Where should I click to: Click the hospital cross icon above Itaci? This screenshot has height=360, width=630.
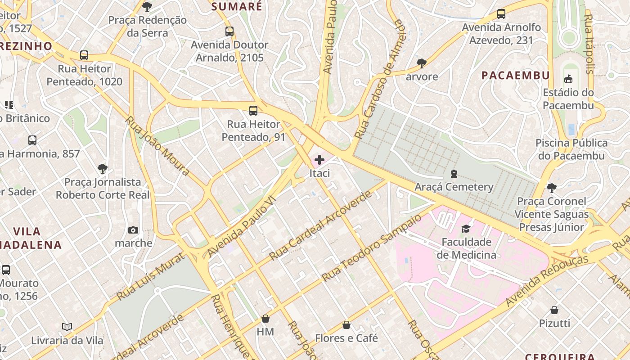point(319,160)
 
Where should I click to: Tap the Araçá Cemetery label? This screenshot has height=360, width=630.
point(454,187)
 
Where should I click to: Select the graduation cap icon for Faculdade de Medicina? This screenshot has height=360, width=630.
point(466,229)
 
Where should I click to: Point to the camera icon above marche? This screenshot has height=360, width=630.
point(133,230)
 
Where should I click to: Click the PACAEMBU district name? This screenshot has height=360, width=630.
point(516,75)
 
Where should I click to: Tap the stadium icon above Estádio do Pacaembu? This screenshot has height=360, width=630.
point(568,80)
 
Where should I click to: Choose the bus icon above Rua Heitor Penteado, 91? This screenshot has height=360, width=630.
point(253,111)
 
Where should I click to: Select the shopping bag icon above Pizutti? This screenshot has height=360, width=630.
point(554,310)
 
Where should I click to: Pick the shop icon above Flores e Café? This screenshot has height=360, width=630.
point(346,325)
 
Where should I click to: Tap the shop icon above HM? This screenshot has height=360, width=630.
point(265,319)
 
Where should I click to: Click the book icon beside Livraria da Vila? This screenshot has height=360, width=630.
point(67,327)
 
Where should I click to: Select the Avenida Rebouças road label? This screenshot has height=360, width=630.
point(547,281)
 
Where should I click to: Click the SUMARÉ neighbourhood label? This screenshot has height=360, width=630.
point(236,6)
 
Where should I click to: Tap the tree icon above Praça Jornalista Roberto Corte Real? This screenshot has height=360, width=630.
point(103,169)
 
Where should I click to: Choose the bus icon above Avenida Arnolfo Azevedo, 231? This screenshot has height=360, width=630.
point(501,14)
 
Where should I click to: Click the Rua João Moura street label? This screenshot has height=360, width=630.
point(157,146)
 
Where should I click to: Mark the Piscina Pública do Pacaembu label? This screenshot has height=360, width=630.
point(571,149)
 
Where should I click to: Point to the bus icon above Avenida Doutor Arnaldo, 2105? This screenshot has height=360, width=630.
point(229,31)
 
